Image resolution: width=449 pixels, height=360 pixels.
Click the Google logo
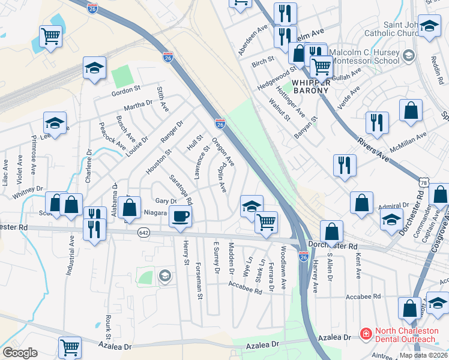pyautogui.click(x=20, y=353)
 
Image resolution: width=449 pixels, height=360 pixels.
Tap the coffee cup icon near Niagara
pyautogui.click(x=180, y=217)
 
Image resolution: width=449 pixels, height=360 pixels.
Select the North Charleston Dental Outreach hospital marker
pyautogui.click(x=364, y=334)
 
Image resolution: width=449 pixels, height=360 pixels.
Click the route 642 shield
pyautogui.click(x=143, y=233)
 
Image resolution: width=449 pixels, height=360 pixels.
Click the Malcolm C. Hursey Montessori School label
pyautogui.click(x=360, y=56)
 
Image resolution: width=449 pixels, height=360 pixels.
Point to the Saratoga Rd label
pyautogui.click(x=181, y=188)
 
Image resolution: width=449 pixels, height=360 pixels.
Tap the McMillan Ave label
pyautogui.click(x=408, y=142)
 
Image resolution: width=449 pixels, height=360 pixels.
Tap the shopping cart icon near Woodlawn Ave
pyautogui.click(x=266, y=222)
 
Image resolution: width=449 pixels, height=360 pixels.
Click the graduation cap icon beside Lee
pyautogui.click(x=55, y=124)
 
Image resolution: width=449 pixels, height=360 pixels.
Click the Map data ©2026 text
pyautogui.click(x=423, y=355)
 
